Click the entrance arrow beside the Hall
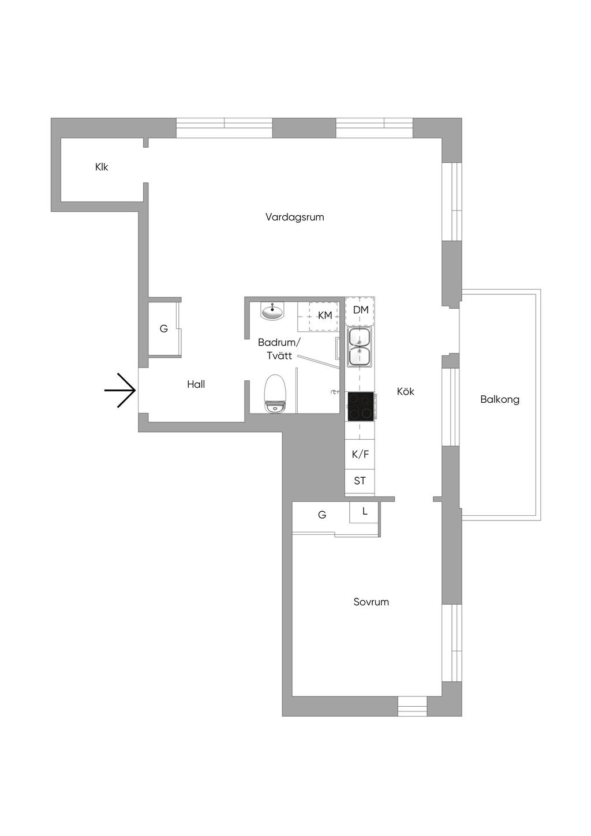119,390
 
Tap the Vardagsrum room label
294,217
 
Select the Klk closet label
102,167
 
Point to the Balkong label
500,400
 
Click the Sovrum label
371,602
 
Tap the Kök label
406,391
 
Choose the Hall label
196,384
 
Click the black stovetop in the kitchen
361,406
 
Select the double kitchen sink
360,347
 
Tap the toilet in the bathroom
275,393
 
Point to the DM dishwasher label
361,310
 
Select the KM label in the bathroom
325,316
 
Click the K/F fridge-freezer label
360,454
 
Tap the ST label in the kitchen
360,481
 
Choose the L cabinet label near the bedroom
365,511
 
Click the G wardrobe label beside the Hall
163,329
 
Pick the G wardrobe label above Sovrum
322,515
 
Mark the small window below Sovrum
412,706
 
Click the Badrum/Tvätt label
279,349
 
